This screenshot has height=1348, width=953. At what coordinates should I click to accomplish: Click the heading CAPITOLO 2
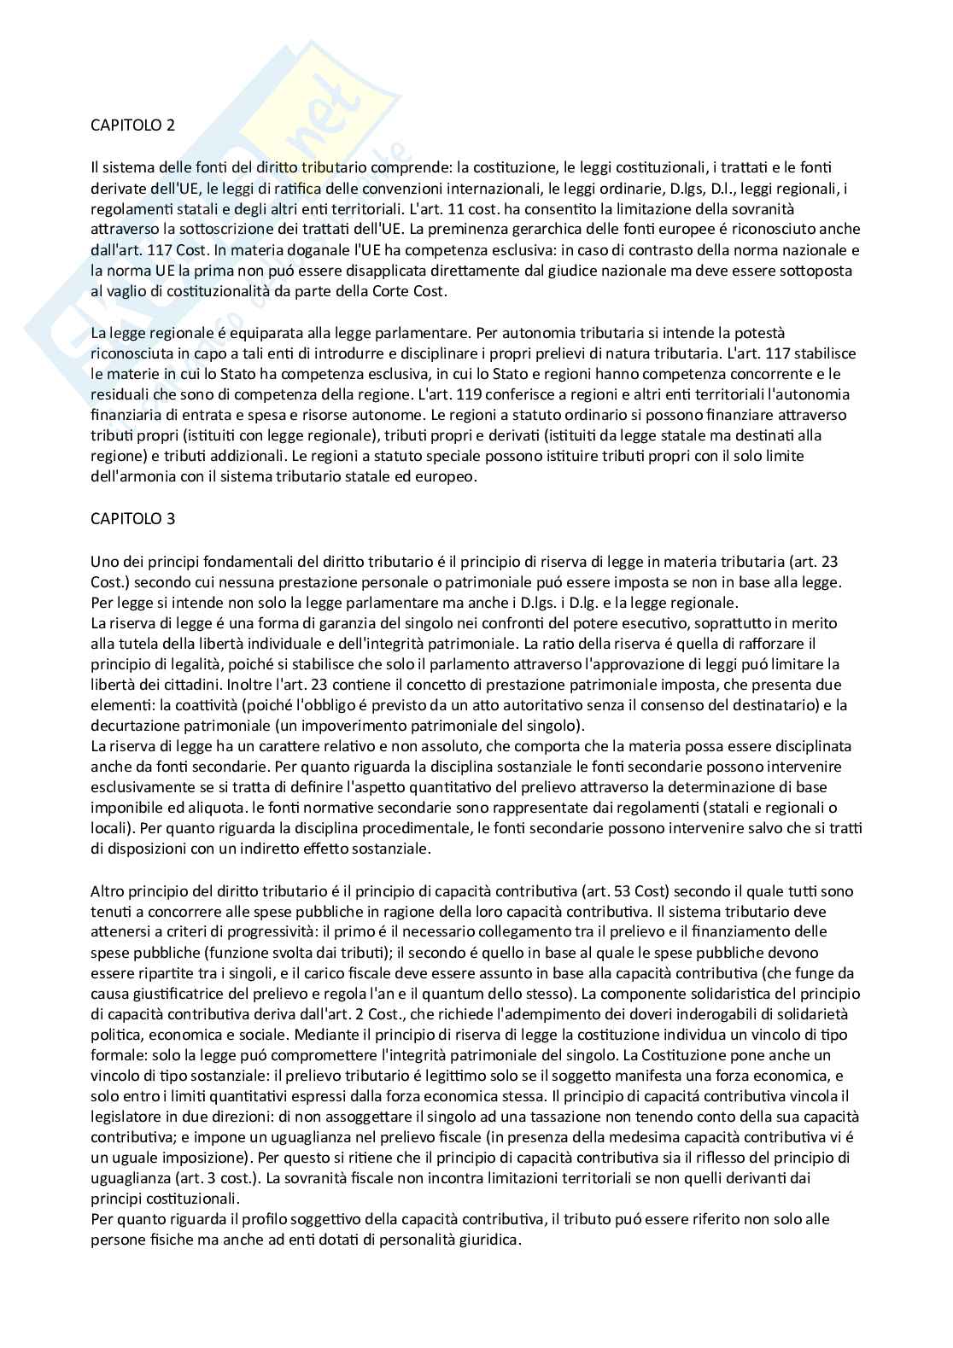coord(133,125)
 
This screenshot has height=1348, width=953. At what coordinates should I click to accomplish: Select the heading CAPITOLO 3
coord(133,518)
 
